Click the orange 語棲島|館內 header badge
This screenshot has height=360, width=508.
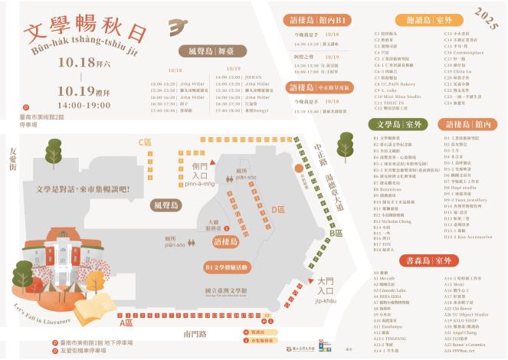click(x=468, y=123)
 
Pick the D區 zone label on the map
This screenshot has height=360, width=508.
click(x=277, y=209)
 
